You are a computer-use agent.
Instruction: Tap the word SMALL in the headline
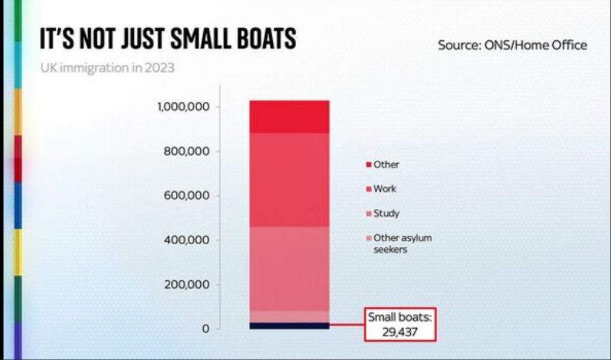point(195,39)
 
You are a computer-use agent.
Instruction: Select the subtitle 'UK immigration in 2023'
point(107,68)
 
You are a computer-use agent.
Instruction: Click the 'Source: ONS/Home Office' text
point(512,45)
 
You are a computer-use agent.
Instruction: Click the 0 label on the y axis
point(205,329)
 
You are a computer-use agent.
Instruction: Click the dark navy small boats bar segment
point(290,326)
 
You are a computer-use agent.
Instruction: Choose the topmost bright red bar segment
point(290,117)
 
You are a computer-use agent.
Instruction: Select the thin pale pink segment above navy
point(290,316)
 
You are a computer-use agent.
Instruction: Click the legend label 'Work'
point(384,189)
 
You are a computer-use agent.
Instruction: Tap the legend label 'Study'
point(386,214)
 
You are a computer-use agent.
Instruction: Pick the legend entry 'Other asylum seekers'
point(402,243)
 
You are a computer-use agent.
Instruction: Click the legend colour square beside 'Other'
point(368,164)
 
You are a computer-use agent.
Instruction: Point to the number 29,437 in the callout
point(400,331)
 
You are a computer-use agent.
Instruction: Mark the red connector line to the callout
point(347,326)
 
